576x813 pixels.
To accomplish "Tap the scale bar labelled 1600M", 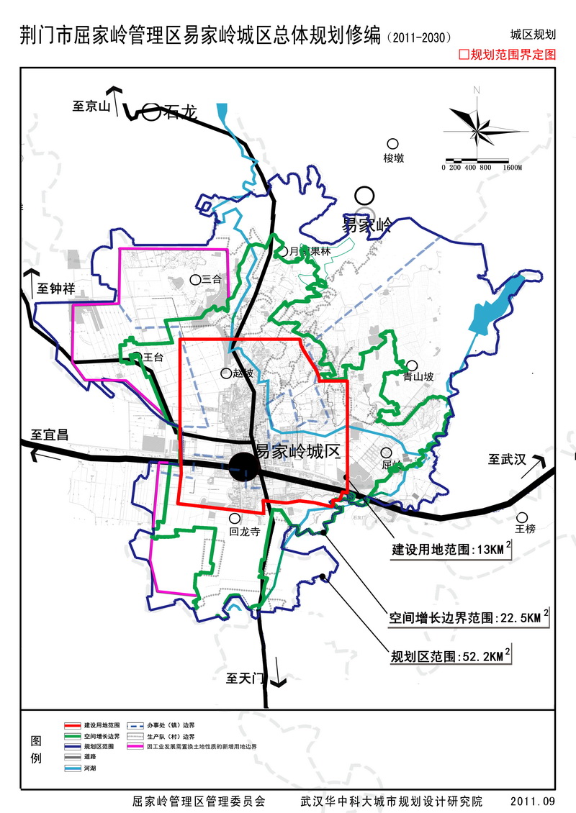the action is (482, 160).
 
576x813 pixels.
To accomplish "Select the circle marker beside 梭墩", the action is (392, 144).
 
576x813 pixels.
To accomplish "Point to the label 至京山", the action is (91, 106).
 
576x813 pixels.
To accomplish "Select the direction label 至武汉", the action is (508, 459).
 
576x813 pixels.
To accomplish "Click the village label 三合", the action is (212, 280).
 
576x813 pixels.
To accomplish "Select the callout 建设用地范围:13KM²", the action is (451, 550).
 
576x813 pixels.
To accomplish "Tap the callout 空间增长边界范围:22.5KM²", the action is (468, 617).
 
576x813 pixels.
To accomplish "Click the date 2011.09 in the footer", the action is (533, 801).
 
